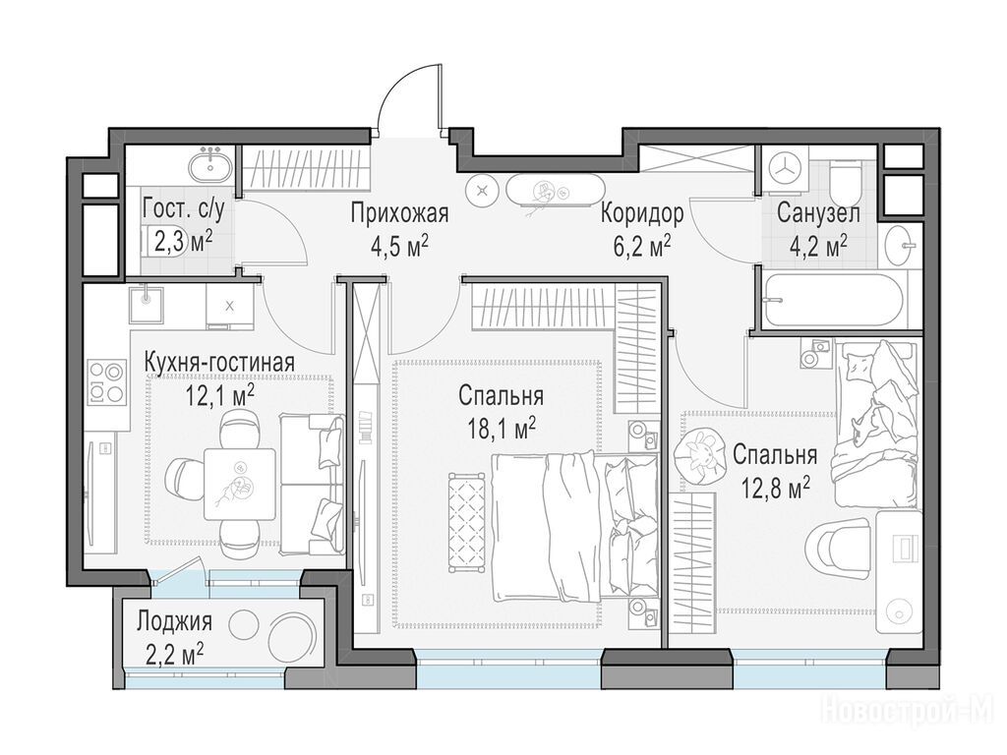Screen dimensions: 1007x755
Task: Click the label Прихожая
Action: (x=399, y=213)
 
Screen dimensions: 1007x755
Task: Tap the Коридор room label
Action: (x=642, y=213)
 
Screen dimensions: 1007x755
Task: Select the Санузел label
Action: (x=817, y=212)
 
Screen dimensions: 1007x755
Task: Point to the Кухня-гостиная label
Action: (x=219, y=362)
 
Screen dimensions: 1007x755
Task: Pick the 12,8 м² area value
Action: (x=775, y=489)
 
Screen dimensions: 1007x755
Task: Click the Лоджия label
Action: (x=174, y=621)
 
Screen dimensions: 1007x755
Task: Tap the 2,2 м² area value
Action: (x=175, y=655)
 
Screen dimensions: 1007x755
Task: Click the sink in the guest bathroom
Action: (x=210, y=164)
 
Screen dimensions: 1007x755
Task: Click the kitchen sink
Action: (x=147, y=304)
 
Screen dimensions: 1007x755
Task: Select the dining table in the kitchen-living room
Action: (x=240, y=484)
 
